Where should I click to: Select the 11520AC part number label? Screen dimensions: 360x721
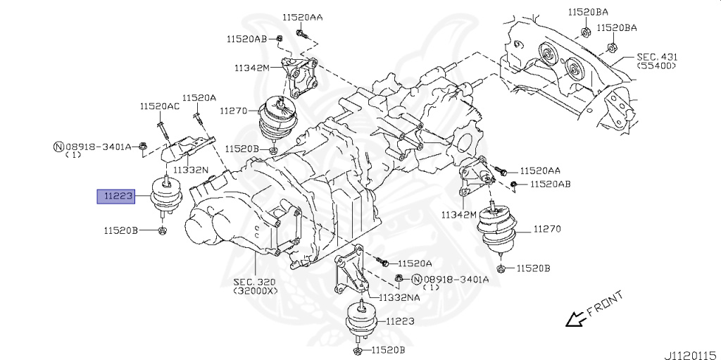coord(159,106)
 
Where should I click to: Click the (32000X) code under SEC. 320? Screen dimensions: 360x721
coord(255,290)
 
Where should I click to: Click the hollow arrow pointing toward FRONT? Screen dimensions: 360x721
coord(576,319)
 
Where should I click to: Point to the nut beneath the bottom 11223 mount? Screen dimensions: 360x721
coord(357,350)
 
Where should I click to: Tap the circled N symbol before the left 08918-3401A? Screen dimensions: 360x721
coord(58,147)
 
